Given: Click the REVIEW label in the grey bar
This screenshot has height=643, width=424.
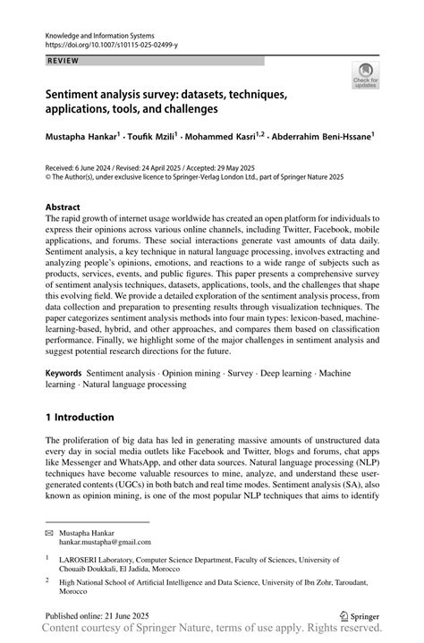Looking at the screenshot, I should [x=61, y=62].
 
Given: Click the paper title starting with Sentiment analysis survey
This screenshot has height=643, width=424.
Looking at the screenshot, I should [x=169, y=100].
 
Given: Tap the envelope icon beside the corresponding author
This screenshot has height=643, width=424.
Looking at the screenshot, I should [x=50, y=532].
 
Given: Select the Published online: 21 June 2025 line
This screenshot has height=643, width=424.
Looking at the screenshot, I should [x=101, y=616].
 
